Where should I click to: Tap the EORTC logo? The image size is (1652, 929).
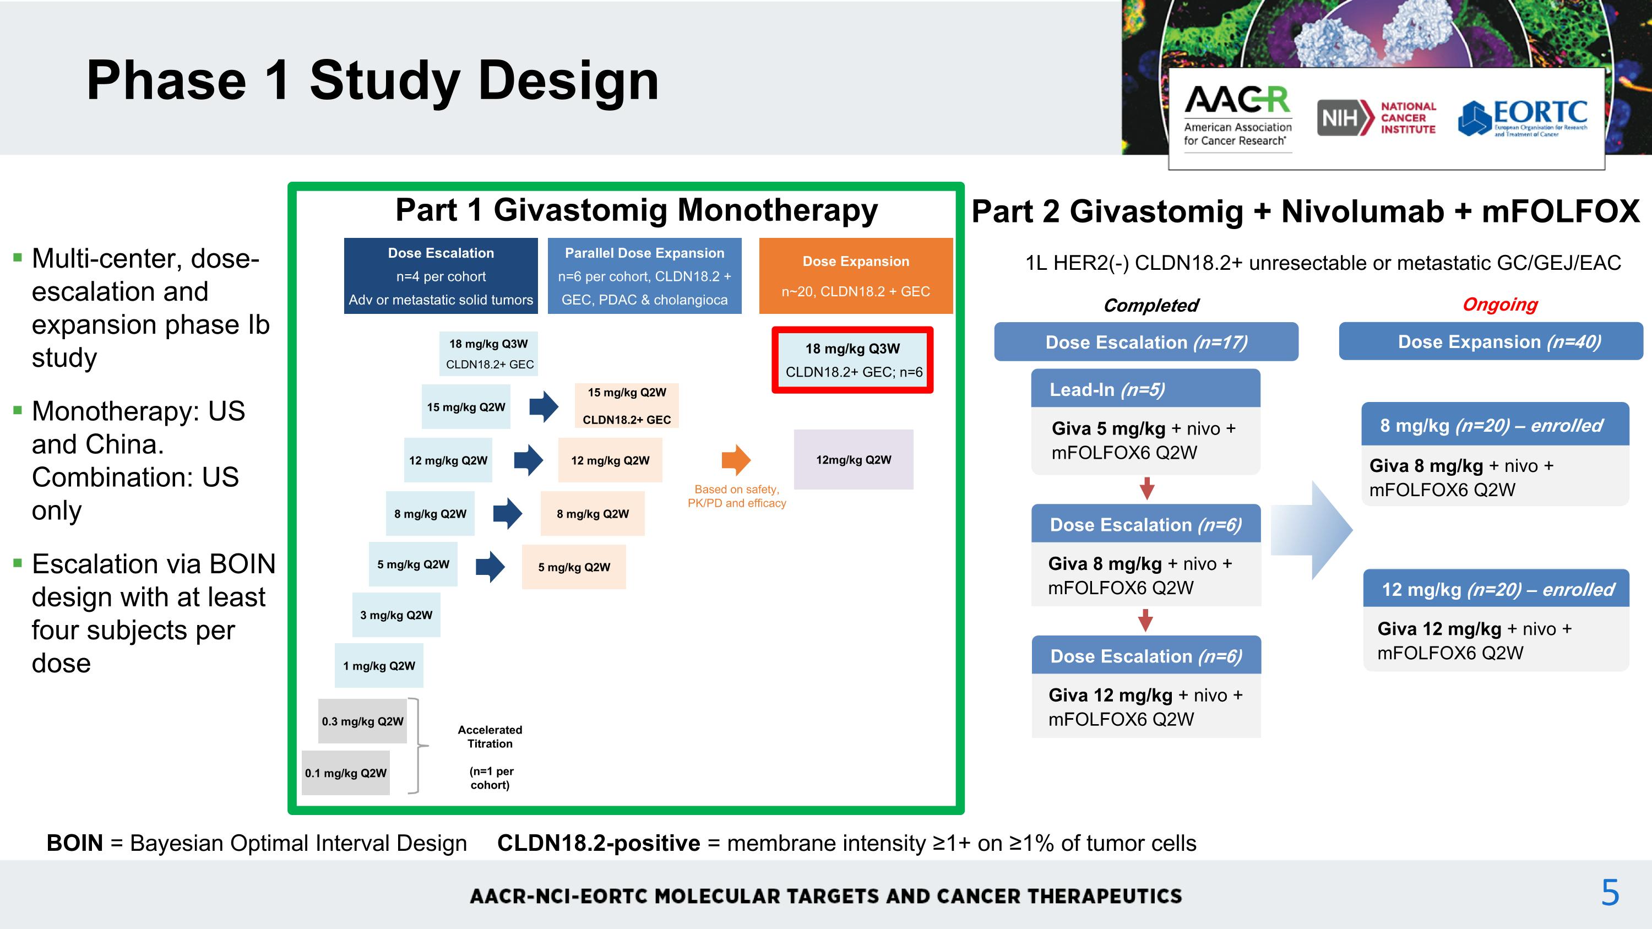(1523, 118)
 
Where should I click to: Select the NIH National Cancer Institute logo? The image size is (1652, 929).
(1376, 117)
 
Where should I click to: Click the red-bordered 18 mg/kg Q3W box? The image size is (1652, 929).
(852, 360)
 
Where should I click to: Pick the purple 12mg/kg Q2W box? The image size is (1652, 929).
(853, 460)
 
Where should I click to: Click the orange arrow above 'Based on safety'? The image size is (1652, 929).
(736, 460)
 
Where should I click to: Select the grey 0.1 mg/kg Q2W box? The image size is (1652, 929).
(346, 773)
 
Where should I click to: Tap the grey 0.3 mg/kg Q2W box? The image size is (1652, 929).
(362, 721)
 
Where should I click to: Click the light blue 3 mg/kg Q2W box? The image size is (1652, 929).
(396, 615)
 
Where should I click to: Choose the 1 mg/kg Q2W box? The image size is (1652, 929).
(378, 665)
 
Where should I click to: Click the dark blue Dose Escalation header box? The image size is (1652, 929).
(441, 276)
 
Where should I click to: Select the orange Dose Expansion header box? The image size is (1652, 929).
(856, 276)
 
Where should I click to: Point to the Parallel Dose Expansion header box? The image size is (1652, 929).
(644, 276)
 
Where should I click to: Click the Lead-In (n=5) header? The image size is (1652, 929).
(1145, 389)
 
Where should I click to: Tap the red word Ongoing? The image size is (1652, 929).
(1499, 304)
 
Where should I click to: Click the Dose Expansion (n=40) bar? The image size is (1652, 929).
(1491, 342)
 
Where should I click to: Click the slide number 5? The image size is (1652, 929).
(1610, 893)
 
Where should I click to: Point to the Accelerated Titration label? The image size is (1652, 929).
(490, 737)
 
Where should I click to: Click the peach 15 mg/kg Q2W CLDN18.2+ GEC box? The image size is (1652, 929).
(626, 406)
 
